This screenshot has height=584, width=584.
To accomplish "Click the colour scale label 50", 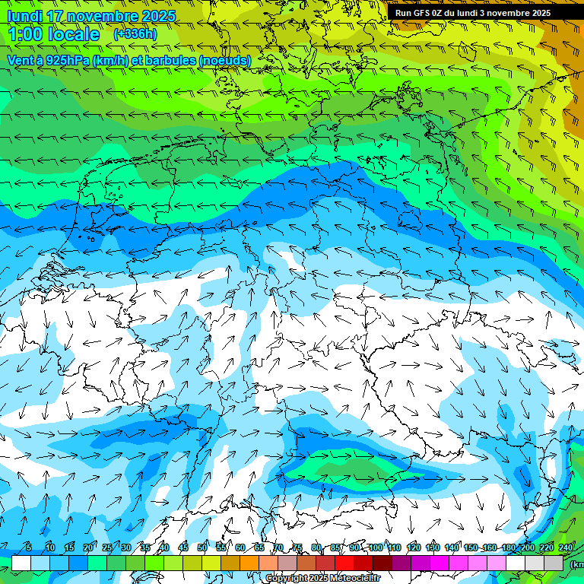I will point(202,547).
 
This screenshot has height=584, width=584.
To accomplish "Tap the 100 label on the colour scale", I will point(376,547).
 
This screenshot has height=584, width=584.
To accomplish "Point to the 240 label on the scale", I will point(566,547).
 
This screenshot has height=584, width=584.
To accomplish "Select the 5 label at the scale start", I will point(29,547).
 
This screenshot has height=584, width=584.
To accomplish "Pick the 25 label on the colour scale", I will point(107,547).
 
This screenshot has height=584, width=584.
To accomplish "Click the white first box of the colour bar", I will point(21,563).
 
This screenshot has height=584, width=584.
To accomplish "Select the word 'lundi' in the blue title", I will point(26,16).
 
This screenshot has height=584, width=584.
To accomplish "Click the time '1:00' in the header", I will point(25,34).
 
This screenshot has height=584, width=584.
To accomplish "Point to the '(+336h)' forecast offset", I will point(135,34).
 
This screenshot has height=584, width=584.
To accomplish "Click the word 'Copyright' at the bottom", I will point(287,579).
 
